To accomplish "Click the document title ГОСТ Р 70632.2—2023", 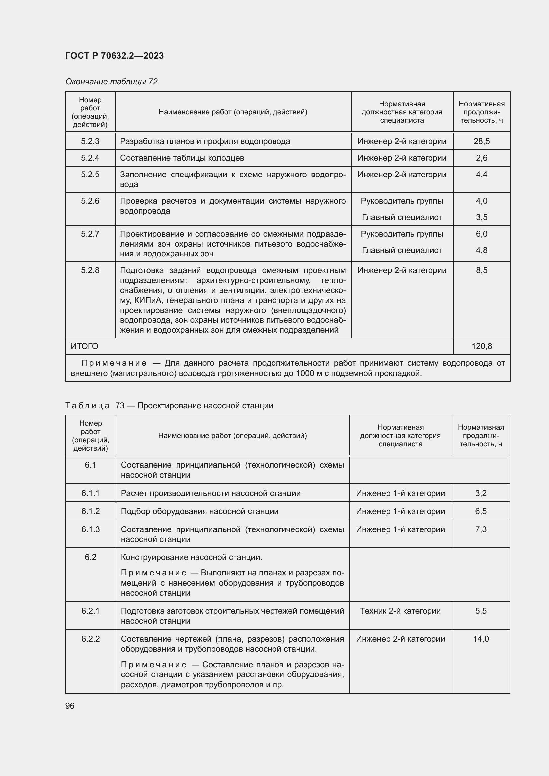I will [x=114, y=56].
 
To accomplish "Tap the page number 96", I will [x=70, y=706].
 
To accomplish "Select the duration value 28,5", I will [x=481, y=141].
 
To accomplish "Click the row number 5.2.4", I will [x=90, y=158].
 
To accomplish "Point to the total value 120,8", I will [x=481, y=346].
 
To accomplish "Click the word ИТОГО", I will [x=85, y=346].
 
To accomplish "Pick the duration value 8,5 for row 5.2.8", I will [x=481, y=270].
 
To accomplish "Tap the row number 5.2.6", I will [x=90, y=201].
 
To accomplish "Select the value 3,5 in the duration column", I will [x=481, y=217].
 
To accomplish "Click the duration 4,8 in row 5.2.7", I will [x=481, y=250].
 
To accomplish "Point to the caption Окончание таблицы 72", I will [x=112, y=82].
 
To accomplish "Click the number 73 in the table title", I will [x=120, y=405].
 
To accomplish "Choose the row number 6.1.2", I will [x=91, y=511].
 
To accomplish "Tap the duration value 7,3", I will [x=481, y=529].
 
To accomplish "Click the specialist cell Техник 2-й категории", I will [x=400, y=611].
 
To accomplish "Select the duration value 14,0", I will [x=481, y=639].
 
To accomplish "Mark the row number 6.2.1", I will [x=91, y=611].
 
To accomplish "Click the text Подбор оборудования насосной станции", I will [x=200, y=511].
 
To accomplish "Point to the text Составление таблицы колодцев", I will [x=182, y=158].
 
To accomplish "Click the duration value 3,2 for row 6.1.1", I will [x=481, y=493].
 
